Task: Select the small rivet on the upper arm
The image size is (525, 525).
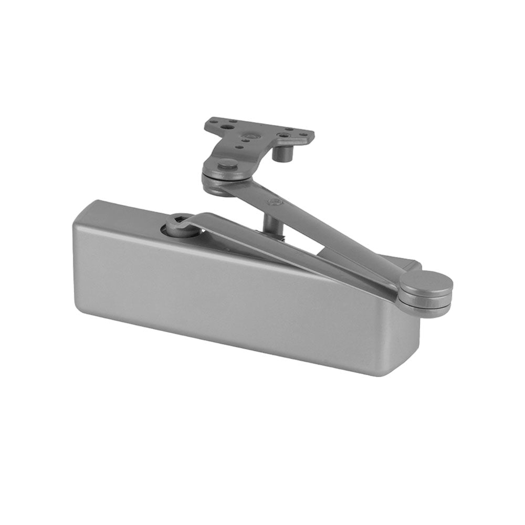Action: pyautogui.click(x=272, y=202)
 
